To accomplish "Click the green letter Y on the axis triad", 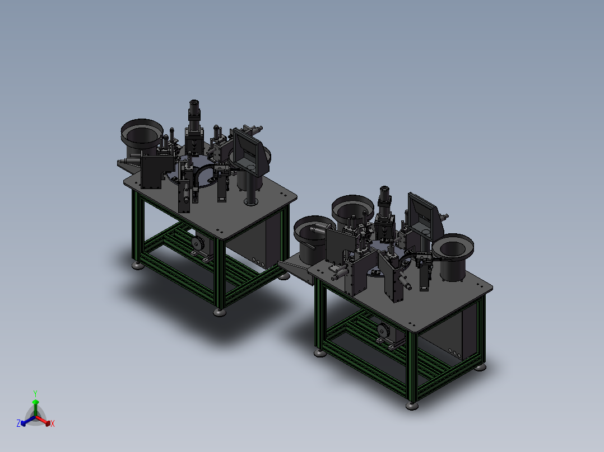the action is point(35,393).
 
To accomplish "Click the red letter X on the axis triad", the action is point(53,423).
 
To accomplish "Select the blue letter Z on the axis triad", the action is point(18,423).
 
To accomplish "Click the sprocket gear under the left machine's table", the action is point(198,243).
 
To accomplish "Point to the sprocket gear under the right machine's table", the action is point(382,331).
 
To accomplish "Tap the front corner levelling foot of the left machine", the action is point(220,312).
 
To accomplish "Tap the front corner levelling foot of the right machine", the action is point(412,406).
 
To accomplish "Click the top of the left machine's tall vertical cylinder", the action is point(194,103).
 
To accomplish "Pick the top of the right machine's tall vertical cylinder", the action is point(384,190).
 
